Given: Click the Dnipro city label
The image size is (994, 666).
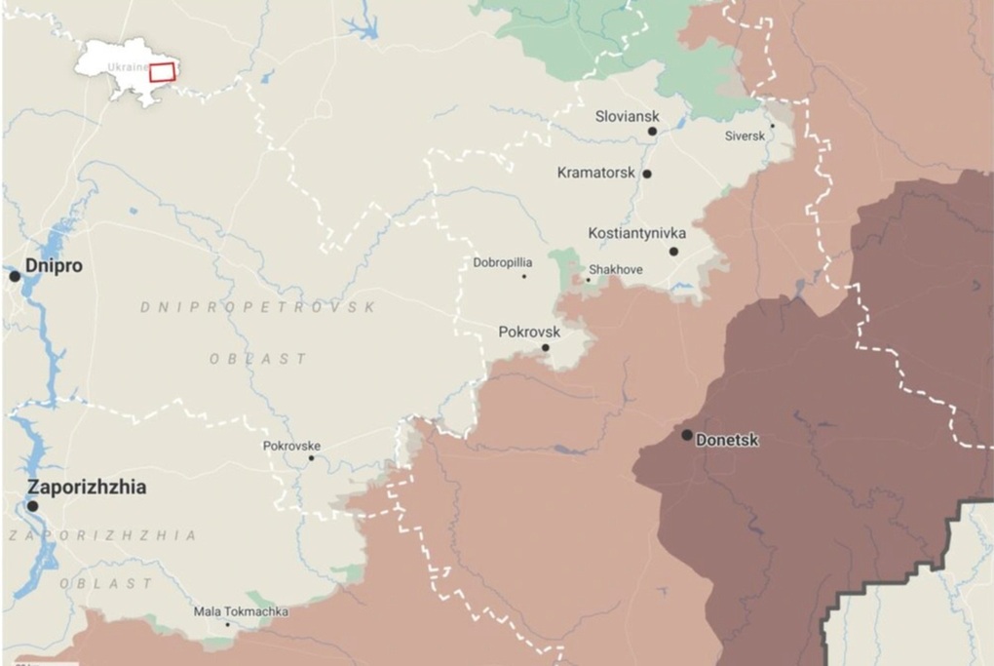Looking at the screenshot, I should coord(54,265).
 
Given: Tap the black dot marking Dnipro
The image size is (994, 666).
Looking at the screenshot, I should coord(15,276).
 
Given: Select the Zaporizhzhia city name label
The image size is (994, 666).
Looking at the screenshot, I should coord(87,487).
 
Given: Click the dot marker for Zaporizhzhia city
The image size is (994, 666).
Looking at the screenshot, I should coord(32,506).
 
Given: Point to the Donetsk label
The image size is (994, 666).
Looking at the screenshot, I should coord(727,440).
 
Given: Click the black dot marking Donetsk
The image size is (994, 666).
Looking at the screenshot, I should coord(687,435).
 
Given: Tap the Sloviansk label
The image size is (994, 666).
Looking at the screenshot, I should coord(627,116).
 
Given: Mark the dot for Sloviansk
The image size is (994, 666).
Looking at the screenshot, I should coord(652,131).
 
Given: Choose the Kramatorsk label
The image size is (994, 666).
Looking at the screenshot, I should coord(595,173).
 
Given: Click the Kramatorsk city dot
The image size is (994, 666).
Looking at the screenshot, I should coord(646,174).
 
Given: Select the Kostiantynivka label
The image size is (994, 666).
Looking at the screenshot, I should coord(636,233).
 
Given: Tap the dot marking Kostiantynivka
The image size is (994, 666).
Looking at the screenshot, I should coord(673,251).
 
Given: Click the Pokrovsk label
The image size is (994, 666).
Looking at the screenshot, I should coord(529,332).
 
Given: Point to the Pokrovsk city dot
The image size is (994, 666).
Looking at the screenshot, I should coord(545,347).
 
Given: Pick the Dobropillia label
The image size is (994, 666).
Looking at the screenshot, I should coord(503,262).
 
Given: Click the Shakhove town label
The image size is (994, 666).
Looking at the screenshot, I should coord(615,269).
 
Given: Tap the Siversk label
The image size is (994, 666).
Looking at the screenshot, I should coord(745,137).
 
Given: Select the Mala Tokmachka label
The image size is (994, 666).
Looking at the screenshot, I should coord(241,611).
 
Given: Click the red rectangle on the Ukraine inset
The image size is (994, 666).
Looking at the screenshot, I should coord(162,71).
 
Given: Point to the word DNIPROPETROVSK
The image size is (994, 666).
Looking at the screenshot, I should coord(257,307).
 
